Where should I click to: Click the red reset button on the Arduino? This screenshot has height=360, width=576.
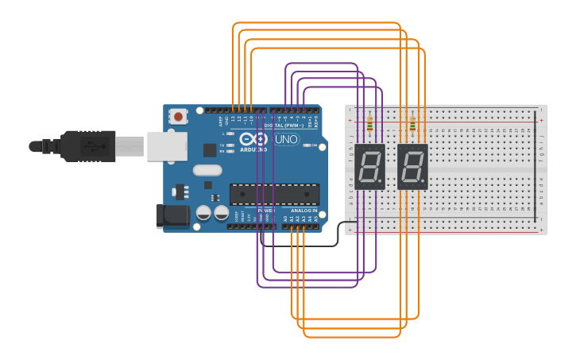click(178, 117)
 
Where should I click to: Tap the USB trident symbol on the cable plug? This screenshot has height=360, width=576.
click(95, 146)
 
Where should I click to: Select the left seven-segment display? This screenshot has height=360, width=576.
click(370, 167)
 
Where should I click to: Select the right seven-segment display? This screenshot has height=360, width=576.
click(412, 167)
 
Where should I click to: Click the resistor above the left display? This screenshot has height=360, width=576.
click(370, 124)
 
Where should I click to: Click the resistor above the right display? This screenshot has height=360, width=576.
click(412, 124)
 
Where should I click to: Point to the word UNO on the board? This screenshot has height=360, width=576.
click(286, 140)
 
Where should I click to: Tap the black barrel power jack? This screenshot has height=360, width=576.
click(176, 215)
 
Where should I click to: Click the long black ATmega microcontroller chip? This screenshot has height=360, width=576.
click(274, 194)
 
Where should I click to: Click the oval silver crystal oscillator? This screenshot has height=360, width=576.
click(207, 169)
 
